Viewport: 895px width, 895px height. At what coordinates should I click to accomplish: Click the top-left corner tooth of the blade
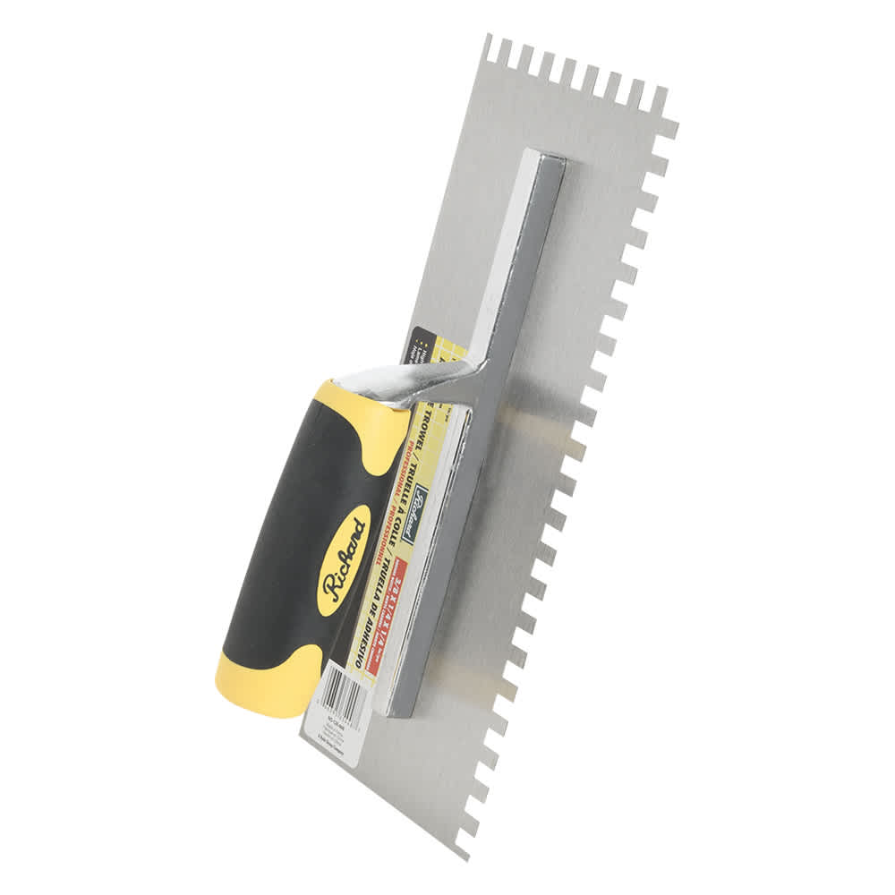coord(488,44)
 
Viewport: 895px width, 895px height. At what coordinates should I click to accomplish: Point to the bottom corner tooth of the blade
coord(462,846)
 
